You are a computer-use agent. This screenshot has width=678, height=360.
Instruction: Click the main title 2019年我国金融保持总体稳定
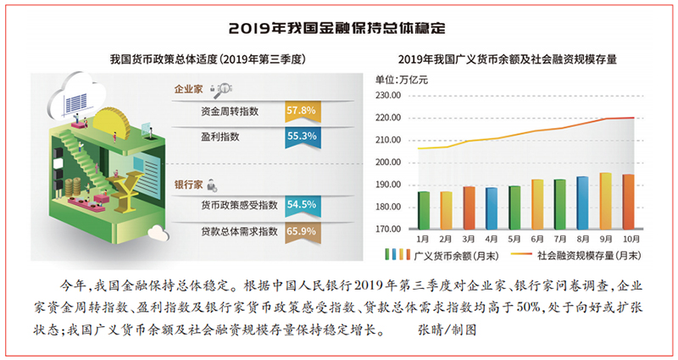pos(338,27)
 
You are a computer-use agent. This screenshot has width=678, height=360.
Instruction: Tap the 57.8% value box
pos(302,110)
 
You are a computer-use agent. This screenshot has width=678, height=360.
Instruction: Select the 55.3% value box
pos(302,135)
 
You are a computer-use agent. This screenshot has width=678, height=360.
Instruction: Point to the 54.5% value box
pos(302,206)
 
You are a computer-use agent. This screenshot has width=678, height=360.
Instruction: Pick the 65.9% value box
pos(302,230)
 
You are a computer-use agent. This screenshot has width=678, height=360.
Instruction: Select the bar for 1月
pos(424,210)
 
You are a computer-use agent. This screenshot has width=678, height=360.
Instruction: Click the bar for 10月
pos(628,202)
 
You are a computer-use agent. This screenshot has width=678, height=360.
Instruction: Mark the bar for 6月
pos(537,204)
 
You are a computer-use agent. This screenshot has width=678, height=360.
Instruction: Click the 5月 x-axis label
pos(514,240)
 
